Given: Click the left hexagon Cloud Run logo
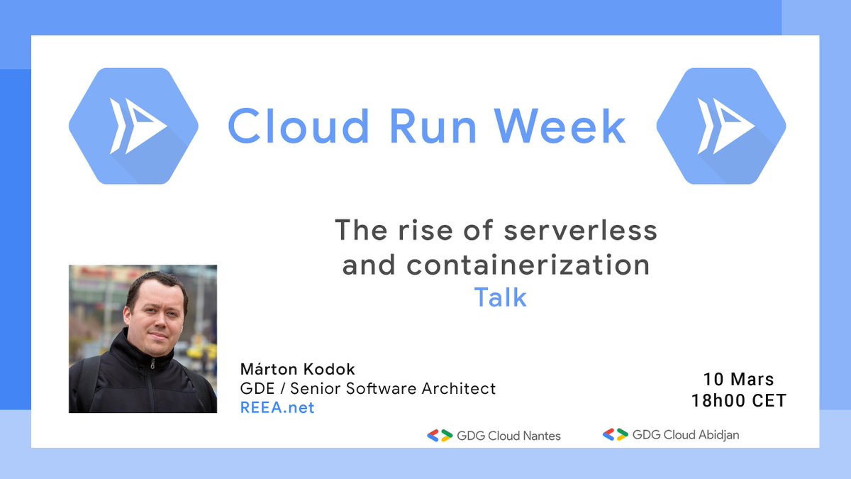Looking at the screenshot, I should click(133, 126).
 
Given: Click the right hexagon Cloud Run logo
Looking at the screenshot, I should click(721, 126).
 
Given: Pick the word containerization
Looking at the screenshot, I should click(528, 265).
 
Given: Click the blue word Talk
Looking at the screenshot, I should click(500, 297).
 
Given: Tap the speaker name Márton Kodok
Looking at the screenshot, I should click(298, 370).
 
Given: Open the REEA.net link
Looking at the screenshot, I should click(277, 407).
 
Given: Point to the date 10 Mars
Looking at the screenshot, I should click(738, 379).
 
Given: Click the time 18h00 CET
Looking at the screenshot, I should click(738, 400).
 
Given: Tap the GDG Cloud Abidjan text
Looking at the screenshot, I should click(685, 434).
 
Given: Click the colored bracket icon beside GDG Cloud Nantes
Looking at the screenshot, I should click(440, 436).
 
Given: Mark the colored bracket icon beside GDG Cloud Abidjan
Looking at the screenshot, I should click(615, 434).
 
